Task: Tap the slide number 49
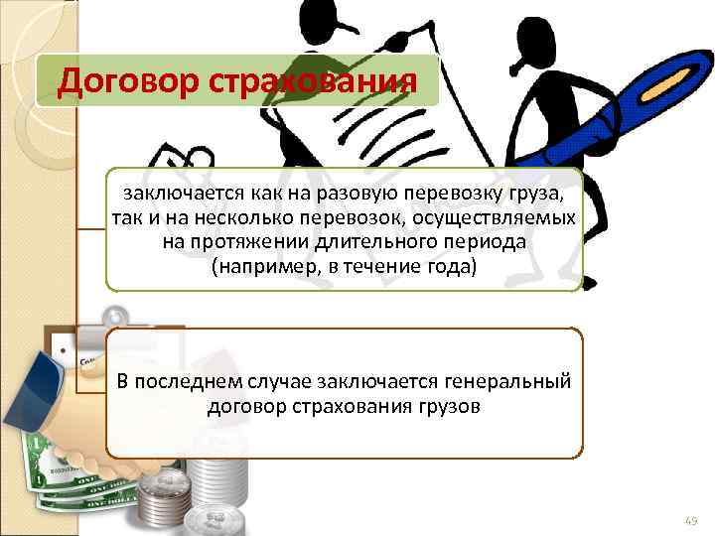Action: [x=691, y=519]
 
